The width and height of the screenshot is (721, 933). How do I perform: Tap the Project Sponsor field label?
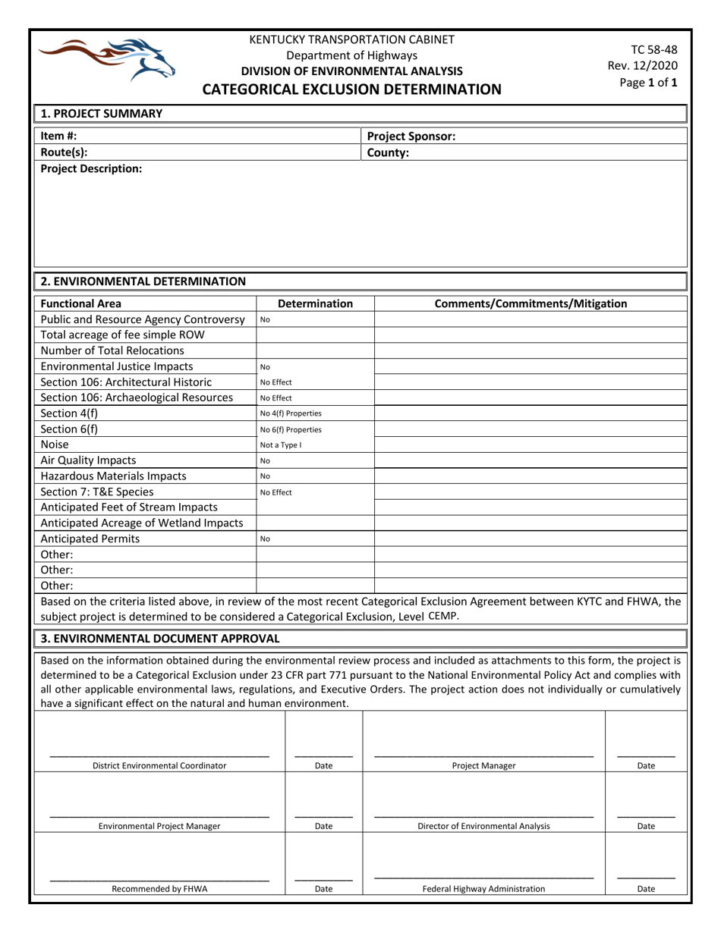pos(411,137)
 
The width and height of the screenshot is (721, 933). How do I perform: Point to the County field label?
pos(388,152)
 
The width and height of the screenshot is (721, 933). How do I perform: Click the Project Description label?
pos(90,168)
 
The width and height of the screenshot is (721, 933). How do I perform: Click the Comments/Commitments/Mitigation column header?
pos(530,304)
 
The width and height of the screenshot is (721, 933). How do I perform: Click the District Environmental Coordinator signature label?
pos(159,765)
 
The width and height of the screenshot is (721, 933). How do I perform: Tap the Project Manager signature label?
pos(483,765)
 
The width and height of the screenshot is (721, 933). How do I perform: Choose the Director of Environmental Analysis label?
pos(483,826)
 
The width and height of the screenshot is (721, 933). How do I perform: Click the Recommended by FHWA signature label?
pos(159,888)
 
